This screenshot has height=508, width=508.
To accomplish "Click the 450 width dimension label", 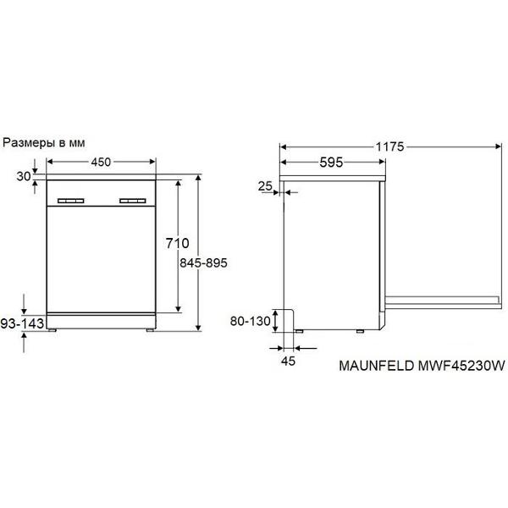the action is [x=101, y=162].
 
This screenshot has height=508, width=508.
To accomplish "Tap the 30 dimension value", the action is [x=24, y=177].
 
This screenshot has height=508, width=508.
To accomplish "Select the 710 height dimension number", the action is [x=177, y=243].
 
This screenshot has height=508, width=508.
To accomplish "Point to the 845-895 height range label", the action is [x=203, y=262].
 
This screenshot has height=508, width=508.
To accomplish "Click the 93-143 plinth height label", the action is [x=22, y=323].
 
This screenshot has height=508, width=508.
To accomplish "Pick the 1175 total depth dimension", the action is [x=389, y=146].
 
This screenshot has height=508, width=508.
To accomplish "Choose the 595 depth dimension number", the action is [x=331, y=163].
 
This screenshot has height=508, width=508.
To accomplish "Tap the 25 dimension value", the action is [x=265, y=186].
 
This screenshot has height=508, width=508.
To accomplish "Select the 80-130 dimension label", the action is [x=250, y=321].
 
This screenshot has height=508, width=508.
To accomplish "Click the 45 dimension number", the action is [x=289, y=361].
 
